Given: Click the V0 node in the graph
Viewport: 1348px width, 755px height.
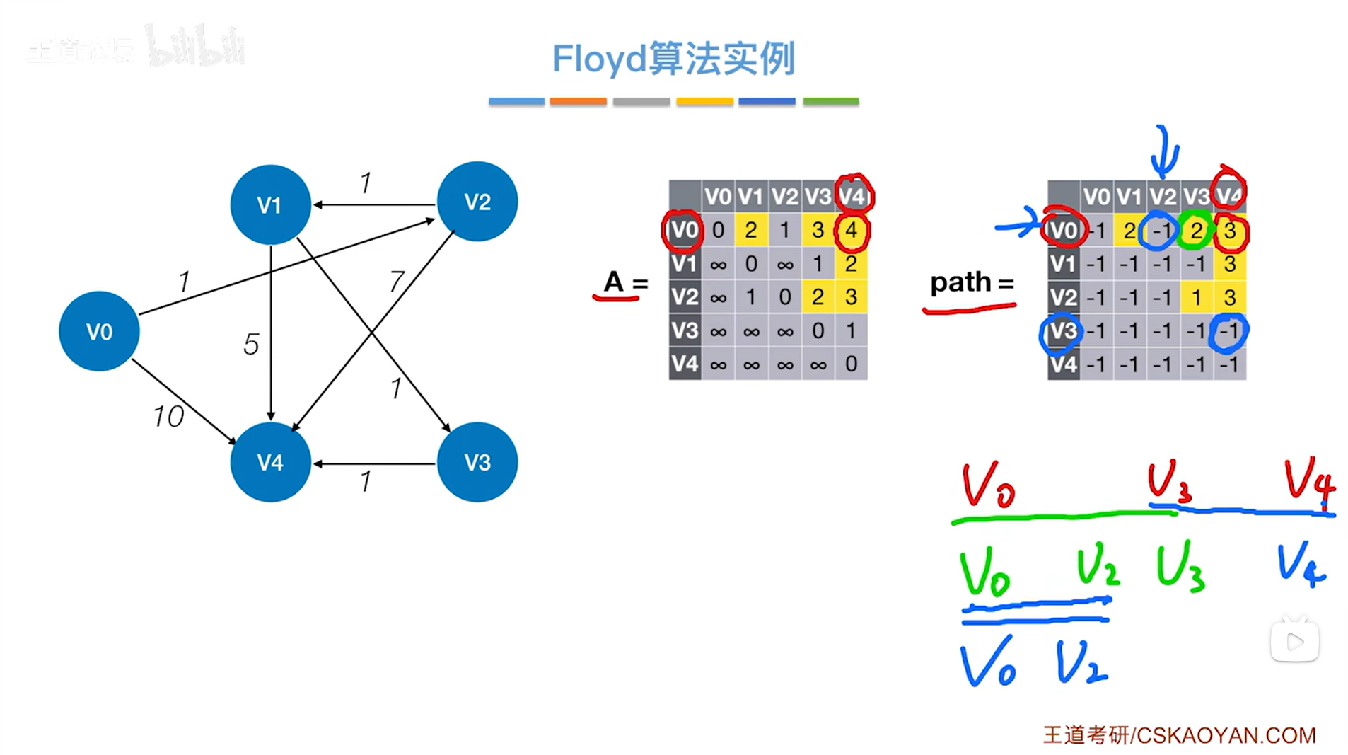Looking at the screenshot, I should click(99, 331).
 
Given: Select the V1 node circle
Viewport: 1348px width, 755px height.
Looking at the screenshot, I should click(270, 205).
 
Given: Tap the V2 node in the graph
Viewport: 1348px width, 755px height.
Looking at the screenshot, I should click(477, 202).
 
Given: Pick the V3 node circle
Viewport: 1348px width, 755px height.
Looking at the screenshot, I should click(477, 462).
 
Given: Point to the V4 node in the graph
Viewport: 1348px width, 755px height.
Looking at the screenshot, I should click(270, 462).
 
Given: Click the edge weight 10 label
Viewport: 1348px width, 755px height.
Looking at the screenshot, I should click(168, 417).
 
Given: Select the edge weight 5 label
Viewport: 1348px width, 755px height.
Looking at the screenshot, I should click(251, 345).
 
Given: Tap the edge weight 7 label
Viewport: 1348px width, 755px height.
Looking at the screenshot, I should click(397, 282).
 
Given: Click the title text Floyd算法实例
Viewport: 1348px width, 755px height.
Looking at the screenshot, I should click(673, 59).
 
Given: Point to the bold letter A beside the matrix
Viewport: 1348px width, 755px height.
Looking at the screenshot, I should click(613, 282).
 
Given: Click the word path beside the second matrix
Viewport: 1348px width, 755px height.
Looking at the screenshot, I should click(960, 282).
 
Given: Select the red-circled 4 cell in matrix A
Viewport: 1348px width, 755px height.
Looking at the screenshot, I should click(852, 230).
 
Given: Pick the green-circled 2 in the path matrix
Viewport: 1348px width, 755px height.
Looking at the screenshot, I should click(1196, 230).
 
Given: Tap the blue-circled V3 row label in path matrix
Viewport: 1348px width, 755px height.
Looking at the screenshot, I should click(1062, 331).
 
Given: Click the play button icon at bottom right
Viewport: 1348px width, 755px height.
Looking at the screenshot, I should click(1295, 642).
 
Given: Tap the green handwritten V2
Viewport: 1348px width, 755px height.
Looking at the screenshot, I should click(1098, 568).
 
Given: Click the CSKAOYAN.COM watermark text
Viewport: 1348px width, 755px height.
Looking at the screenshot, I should click(1225, 735).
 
